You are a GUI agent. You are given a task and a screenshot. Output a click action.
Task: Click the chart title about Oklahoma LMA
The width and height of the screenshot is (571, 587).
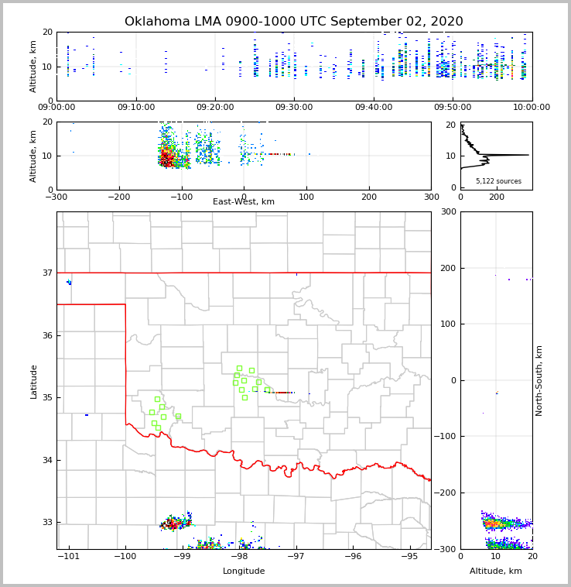pyautogui.click(x=293, y=22)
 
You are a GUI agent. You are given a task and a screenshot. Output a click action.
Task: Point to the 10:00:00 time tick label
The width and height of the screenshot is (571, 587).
pyautogui.click(x=532, y=108)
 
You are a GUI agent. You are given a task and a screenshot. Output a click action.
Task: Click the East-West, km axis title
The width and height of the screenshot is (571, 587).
pyautogui.click(x=244, y=202)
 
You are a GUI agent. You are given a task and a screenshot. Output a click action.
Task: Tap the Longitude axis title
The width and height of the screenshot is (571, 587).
pyautogui.click(x=244, y=572)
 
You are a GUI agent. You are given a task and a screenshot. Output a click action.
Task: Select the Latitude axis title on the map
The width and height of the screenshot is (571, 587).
pyautogui.click(x=33, y=381)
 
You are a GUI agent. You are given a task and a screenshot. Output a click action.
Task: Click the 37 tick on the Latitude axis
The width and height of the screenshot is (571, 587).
pyautogui.click(x=46, y=273)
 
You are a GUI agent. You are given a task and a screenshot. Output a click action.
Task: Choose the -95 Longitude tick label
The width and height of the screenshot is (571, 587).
pyautogui.click(x=409, y=557)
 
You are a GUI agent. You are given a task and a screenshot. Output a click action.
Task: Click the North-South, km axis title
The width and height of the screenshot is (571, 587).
pyautogui.click(x=539, y=380)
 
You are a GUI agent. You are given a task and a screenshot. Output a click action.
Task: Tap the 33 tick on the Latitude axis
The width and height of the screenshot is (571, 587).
pyautogui.click(x=46, y=523)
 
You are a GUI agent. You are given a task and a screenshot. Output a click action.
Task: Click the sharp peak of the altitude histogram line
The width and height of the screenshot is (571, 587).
pyautogui.click(x=528, y=155)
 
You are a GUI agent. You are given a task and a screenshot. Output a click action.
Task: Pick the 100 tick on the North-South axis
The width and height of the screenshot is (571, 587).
pyautogui.click(x=446, y=324)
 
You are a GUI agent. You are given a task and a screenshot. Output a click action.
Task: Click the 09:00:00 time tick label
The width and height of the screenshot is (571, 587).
pyautogui.click(x=57, y=108)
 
